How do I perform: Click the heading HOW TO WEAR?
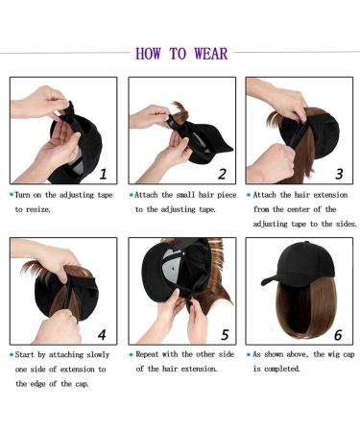pyautogui.click(x=181, y=53)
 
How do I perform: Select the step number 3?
pyautogui.click(x=338, y=174)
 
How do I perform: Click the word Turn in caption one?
pyautogui.click(x=27, y=194)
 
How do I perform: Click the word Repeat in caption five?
pyautogui.click(x=152, y=353)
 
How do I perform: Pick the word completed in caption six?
pyautogui.click(x=287, y=368)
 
